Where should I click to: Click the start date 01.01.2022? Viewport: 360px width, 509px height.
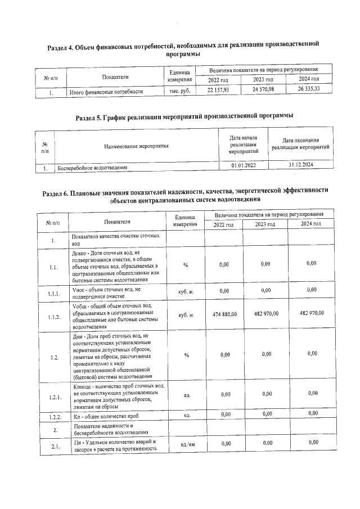(244, 166)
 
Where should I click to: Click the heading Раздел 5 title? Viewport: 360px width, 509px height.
(184, 116)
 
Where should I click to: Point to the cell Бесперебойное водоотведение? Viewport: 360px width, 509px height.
(93, 168)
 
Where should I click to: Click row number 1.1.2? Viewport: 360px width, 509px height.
(53, 317)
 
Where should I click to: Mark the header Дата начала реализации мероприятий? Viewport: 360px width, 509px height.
(244, 145)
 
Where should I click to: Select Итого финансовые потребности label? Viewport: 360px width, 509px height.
(106, 91)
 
